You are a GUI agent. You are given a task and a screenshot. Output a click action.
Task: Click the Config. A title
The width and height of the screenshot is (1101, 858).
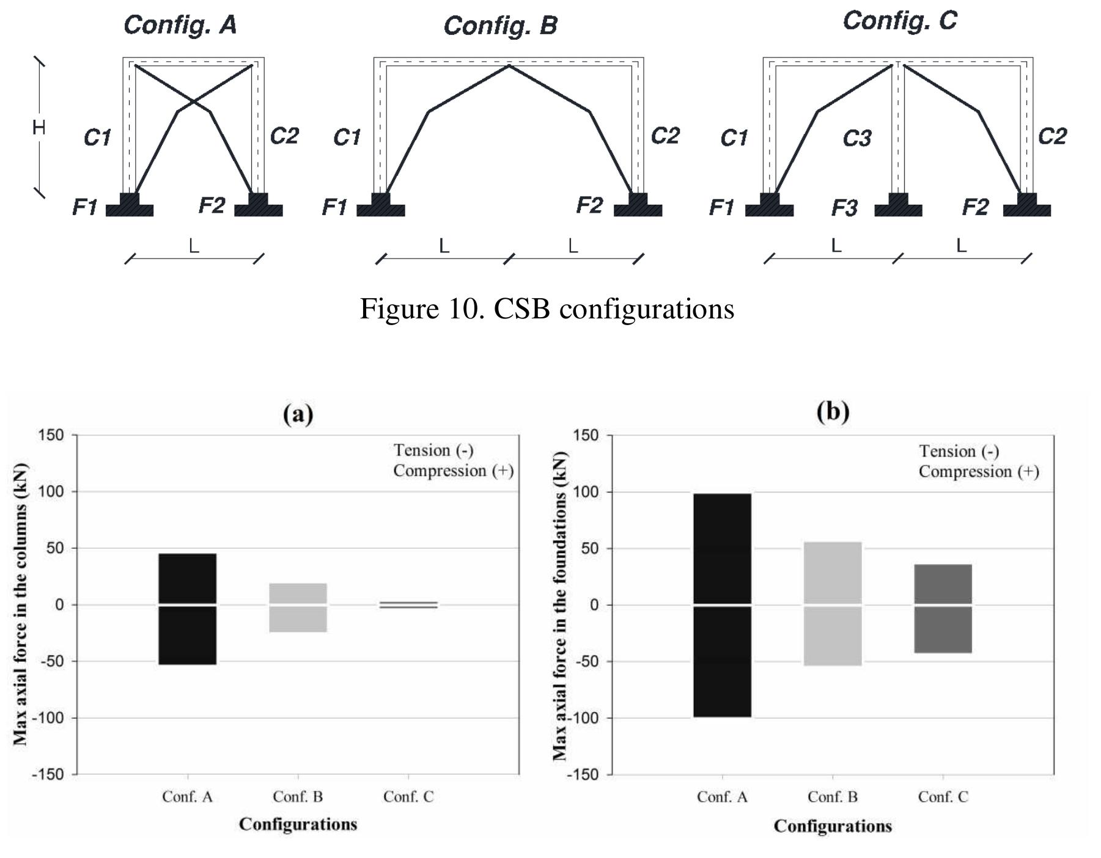click(x=180, y=25)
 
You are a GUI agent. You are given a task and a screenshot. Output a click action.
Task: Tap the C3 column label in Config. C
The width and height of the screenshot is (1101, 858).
click(x=856, y=139)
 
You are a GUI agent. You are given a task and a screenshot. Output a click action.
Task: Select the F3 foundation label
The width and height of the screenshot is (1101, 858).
click(x=844, y=208)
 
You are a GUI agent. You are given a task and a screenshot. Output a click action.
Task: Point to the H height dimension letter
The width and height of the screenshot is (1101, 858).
click(x=39, y=127)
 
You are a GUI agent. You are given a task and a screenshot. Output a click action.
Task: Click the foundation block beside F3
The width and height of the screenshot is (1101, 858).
click(x=898, y=205)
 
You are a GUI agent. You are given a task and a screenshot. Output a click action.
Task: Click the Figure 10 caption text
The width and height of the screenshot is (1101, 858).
click(x=547, y=309)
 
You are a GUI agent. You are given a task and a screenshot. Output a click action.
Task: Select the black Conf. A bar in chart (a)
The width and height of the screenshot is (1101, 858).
click(x=187, y=609)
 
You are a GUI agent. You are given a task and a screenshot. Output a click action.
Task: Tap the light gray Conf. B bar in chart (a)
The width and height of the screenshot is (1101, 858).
click(x=298, y=607)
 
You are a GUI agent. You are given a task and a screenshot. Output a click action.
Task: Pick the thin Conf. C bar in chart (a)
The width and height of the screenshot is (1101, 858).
click(x=408, y=605)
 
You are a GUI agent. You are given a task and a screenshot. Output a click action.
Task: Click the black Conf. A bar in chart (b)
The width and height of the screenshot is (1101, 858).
click(x=723, y=605)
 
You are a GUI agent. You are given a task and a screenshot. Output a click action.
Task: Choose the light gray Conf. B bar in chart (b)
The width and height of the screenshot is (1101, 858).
click(x=833, y=604)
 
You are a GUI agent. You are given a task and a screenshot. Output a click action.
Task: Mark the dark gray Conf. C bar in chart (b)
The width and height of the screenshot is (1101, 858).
click(x=943, y=609)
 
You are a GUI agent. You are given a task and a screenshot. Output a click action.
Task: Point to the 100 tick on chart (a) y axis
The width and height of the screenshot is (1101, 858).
click(x=51, y=491)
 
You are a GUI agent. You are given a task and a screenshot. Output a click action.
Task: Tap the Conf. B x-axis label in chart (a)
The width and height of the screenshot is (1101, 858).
click(x=298, y=797)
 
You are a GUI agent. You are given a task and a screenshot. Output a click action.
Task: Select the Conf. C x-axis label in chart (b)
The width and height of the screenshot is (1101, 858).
click(x=943, y=797)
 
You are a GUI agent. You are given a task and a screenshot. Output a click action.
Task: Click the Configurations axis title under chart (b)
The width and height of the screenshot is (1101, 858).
click(x=833, y=826)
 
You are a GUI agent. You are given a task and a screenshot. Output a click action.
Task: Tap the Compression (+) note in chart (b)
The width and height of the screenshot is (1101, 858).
click(x=979, y=472)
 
